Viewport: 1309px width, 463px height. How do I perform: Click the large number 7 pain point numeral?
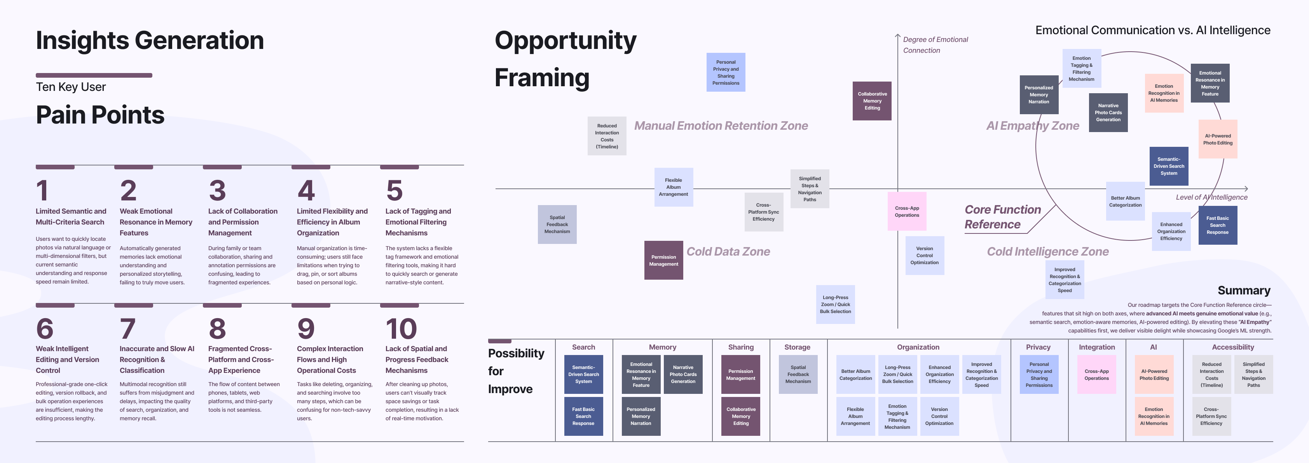point(127,329)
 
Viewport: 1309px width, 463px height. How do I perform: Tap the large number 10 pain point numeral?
point(401,329)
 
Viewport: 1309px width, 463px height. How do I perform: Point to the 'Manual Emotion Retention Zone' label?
point(721,126)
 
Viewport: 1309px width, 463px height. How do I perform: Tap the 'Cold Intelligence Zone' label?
point(1047,252)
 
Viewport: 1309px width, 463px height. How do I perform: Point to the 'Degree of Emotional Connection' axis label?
point(935,45)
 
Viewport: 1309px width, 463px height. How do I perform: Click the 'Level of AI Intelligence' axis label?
point(1211,197)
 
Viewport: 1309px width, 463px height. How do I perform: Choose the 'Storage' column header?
point(797,347)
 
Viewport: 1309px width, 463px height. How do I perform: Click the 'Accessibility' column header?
point(1232,347)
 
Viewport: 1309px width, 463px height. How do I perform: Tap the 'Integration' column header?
point(1096,347)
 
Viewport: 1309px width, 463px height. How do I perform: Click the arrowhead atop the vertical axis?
point(897,36)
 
